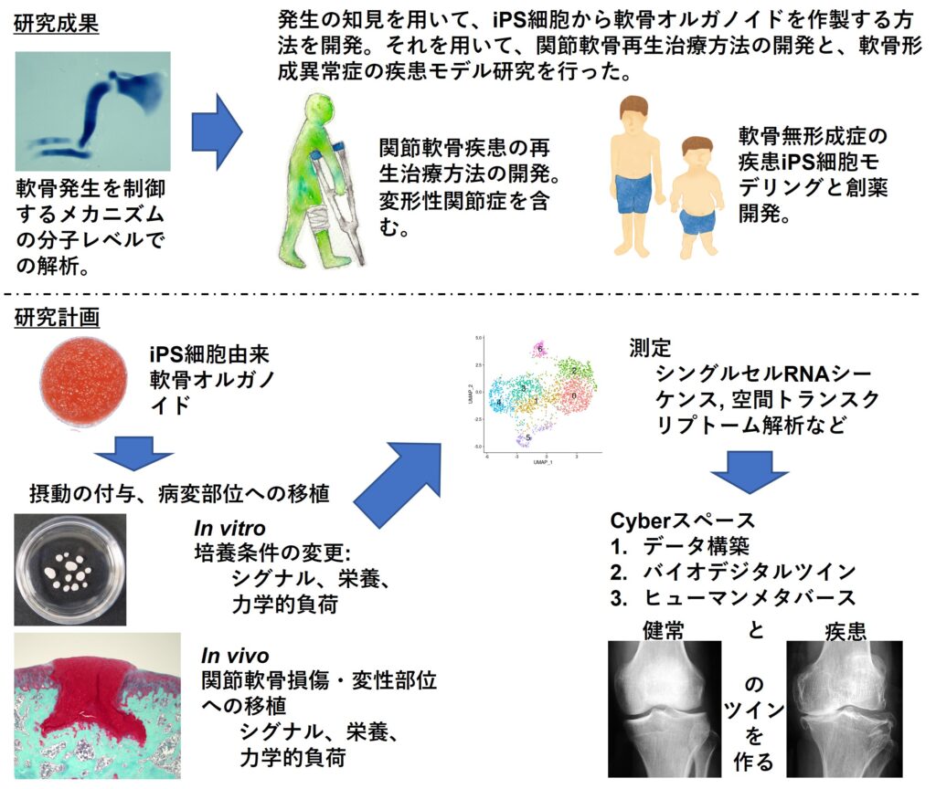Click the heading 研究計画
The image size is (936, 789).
point(57,319)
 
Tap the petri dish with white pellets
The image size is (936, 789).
point(70,570)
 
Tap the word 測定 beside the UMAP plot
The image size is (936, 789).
point(650,348)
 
